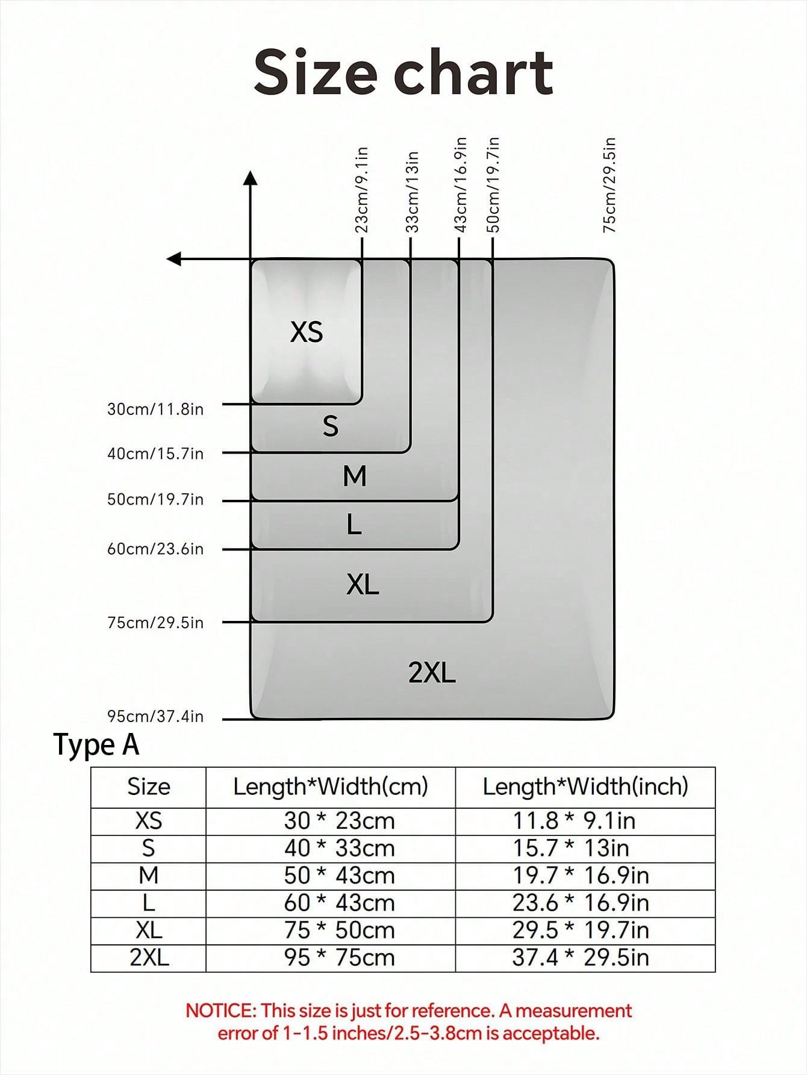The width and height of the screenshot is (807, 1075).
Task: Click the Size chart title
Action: click(403, 72)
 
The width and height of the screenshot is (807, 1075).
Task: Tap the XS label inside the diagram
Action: click(307, 332)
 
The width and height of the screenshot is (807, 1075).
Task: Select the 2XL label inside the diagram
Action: click(432, 672)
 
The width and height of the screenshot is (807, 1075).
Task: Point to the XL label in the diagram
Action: click(363, 584)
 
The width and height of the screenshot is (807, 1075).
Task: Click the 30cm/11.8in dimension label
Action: click(155, 409)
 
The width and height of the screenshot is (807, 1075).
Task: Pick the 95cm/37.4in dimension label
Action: click(155, 716)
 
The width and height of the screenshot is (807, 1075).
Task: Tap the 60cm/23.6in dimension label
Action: click(155, 549)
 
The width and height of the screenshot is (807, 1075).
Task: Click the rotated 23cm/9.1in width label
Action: click(361, 190)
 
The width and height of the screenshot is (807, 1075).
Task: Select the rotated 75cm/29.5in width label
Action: click(609, 185)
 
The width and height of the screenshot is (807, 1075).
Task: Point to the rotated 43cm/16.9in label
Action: click(460, 185)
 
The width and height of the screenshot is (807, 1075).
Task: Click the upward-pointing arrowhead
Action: click(251, 178)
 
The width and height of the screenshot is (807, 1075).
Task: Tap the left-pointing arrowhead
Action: click(174, 259)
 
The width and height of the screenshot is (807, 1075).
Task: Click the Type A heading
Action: click(96, 744)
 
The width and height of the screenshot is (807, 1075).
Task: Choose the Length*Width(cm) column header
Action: click(331, 787)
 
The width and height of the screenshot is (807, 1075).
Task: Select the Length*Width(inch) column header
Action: click(585, 787)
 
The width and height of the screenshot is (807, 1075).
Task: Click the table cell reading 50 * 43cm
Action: click(340, 875)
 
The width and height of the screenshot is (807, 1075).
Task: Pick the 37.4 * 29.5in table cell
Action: click(581, 958)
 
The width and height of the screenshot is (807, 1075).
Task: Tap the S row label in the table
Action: click(148, 848)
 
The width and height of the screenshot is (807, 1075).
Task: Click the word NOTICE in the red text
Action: click(220, 1011)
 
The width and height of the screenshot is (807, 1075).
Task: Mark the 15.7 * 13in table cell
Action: click(571, 848)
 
